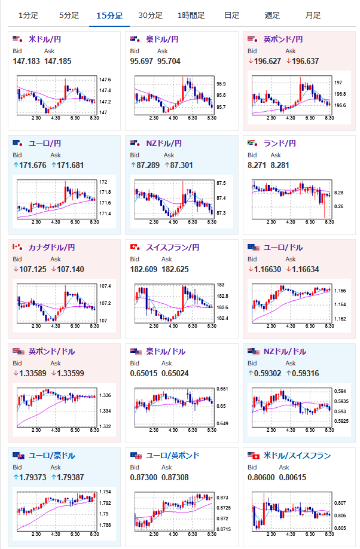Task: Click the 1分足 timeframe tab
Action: (x=28, y=15)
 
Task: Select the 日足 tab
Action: (x=232, y=15)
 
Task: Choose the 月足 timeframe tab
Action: (x=312, y=15)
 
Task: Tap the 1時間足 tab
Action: (x=191, y=15)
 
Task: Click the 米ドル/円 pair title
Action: (x=45, y=39)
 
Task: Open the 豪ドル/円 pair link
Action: (x=162, y=39)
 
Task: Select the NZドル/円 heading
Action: (x=161, y=144)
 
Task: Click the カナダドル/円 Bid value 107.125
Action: (x=30, y=269)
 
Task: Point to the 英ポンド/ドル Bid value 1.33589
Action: (x=30, y=373)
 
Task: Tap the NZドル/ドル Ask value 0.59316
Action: (x=302, y=373)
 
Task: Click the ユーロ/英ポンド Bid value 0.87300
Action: (x=143, y=477)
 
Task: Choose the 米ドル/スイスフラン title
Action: (x=297, y=456)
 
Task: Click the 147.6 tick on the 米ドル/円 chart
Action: (x=104, y=80)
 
